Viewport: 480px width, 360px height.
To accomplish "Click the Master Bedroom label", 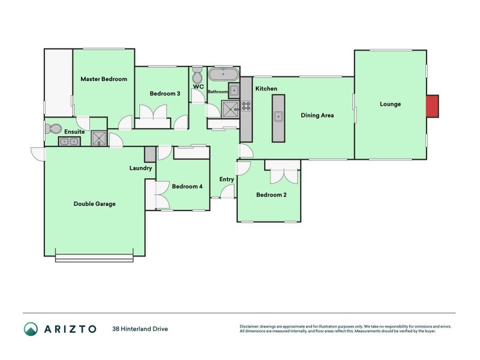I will tap(104, 79).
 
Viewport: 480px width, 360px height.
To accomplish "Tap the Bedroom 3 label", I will tap(164, 94).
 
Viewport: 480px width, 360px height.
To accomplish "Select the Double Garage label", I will tap(94, 204).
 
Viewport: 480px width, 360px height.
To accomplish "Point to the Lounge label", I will tap(390, 104).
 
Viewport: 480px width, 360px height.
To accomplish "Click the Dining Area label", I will tap(317, 116).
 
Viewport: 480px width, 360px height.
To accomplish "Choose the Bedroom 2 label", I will tap(271, 195).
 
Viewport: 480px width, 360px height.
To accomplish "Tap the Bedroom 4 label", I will tap(187, 187).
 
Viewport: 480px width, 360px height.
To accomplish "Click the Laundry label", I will tap(140, 168).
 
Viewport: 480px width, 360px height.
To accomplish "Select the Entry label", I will tap(226, 179).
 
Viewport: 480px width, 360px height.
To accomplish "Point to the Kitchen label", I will tap(266, 89).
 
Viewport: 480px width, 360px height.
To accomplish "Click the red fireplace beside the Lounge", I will tap(432, 106).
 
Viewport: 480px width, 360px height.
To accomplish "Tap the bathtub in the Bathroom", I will tap(223, 76).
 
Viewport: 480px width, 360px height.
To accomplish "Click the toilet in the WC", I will tap(197, 76).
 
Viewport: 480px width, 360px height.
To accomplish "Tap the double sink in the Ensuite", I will tap(69, 142).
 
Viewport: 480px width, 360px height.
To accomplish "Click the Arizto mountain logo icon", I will tap(31, 328).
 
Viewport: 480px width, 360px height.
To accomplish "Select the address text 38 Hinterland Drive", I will tap(140, 329).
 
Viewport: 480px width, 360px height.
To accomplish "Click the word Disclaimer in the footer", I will tap(249, 326).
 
